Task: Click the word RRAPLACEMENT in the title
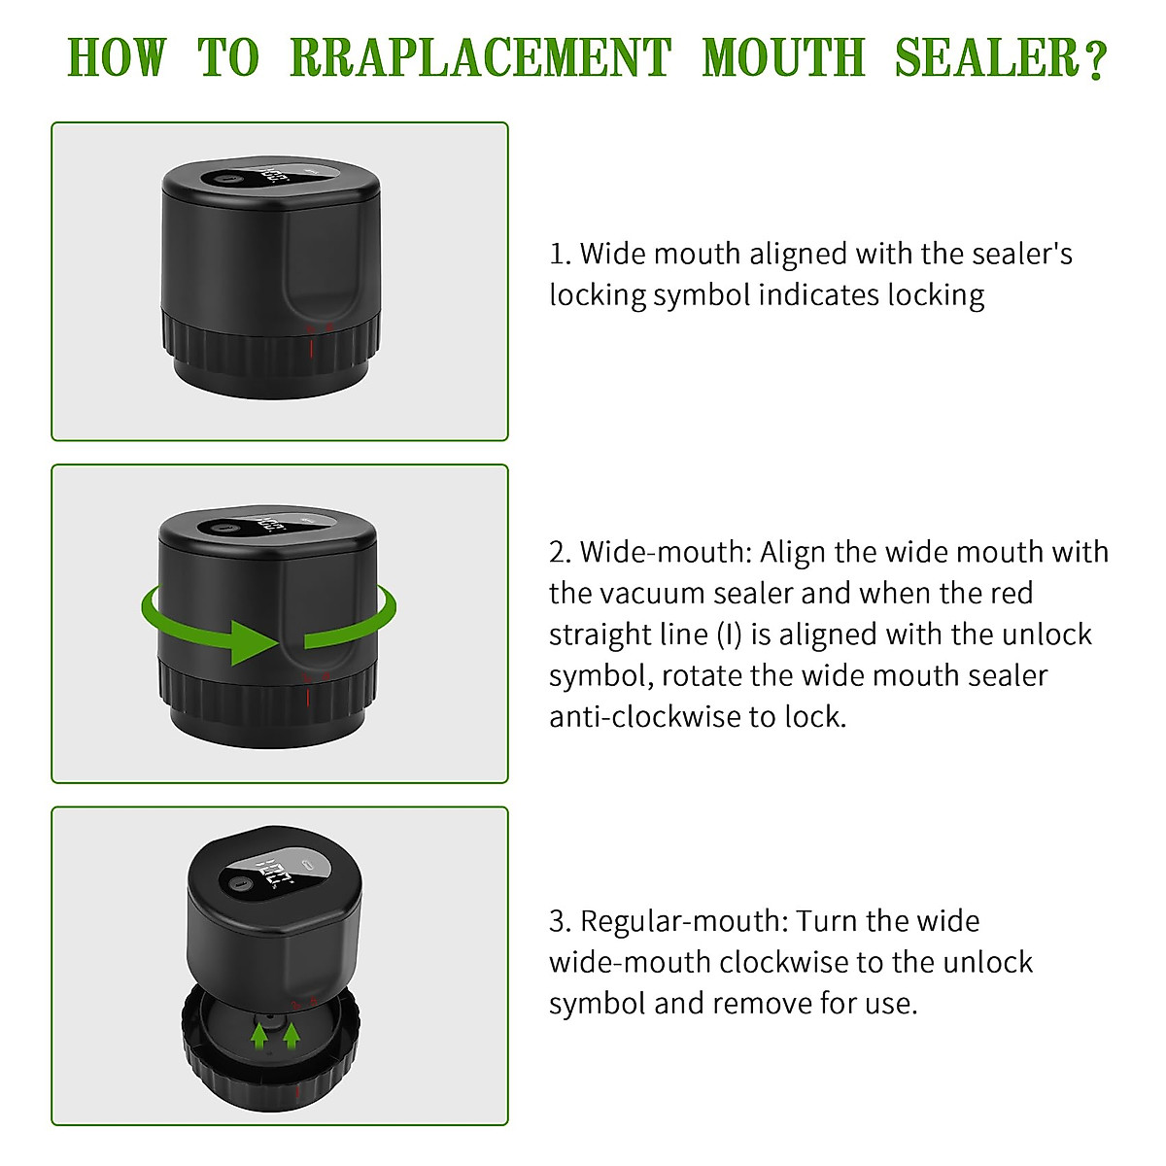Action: [480, 58]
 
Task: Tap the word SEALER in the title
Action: [986, 58]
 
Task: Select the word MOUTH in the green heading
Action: [783, 58]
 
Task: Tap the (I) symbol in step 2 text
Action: [730, 634]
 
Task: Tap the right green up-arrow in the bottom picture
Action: [289, 1035]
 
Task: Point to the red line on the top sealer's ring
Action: [310, 346]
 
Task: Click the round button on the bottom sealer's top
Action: [237, 885]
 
